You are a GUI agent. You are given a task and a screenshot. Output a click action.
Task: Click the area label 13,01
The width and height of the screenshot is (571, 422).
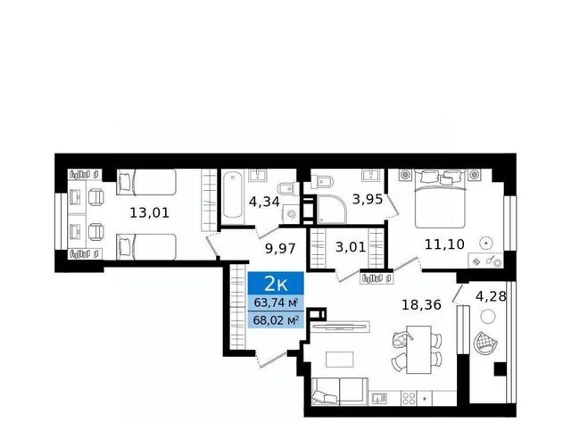click(150, 212)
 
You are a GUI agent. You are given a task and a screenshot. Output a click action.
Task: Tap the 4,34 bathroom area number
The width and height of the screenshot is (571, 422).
click(264, 202)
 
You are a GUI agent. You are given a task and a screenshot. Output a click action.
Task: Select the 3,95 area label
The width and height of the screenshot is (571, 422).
click(368, 199)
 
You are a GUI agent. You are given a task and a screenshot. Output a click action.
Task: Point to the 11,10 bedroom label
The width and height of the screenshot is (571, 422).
click(444, 244)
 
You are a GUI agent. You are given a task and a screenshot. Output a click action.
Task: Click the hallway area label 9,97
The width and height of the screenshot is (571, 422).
click(280, 249)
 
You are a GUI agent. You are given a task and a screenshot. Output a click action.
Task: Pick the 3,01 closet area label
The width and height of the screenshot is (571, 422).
click(351, 247)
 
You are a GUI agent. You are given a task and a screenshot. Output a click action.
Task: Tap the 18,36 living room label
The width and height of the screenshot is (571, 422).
click(421, 304)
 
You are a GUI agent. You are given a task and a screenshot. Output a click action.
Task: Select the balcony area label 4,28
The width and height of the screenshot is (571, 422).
click(491, 296)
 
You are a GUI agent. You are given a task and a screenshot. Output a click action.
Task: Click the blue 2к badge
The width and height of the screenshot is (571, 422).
click(276, 283)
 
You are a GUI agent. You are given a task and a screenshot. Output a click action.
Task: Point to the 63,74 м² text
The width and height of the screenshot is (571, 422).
click(277, 302)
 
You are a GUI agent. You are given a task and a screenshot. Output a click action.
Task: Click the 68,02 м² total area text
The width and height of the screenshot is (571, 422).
click(277, 321)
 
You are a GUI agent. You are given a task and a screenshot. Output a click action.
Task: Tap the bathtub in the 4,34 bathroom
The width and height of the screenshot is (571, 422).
click(233, 196)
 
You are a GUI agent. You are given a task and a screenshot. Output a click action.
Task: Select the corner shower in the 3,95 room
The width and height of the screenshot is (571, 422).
click(331, 210)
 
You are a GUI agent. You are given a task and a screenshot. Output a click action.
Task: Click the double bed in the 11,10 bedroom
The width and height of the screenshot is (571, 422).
click(440, 199)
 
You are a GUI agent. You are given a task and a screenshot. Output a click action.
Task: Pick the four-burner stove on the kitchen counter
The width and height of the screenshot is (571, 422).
click(409, 398)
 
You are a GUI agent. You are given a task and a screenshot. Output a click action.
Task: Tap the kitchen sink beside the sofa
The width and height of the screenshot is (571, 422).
click(378, 398)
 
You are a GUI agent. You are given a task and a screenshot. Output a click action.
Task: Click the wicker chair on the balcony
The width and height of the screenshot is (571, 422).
click(485, 343)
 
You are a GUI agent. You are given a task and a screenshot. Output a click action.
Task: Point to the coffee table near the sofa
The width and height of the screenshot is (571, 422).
click(339, 359)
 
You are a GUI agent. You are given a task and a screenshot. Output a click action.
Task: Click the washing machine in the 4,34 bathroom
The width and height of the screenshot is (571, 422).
click(291, 214)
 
